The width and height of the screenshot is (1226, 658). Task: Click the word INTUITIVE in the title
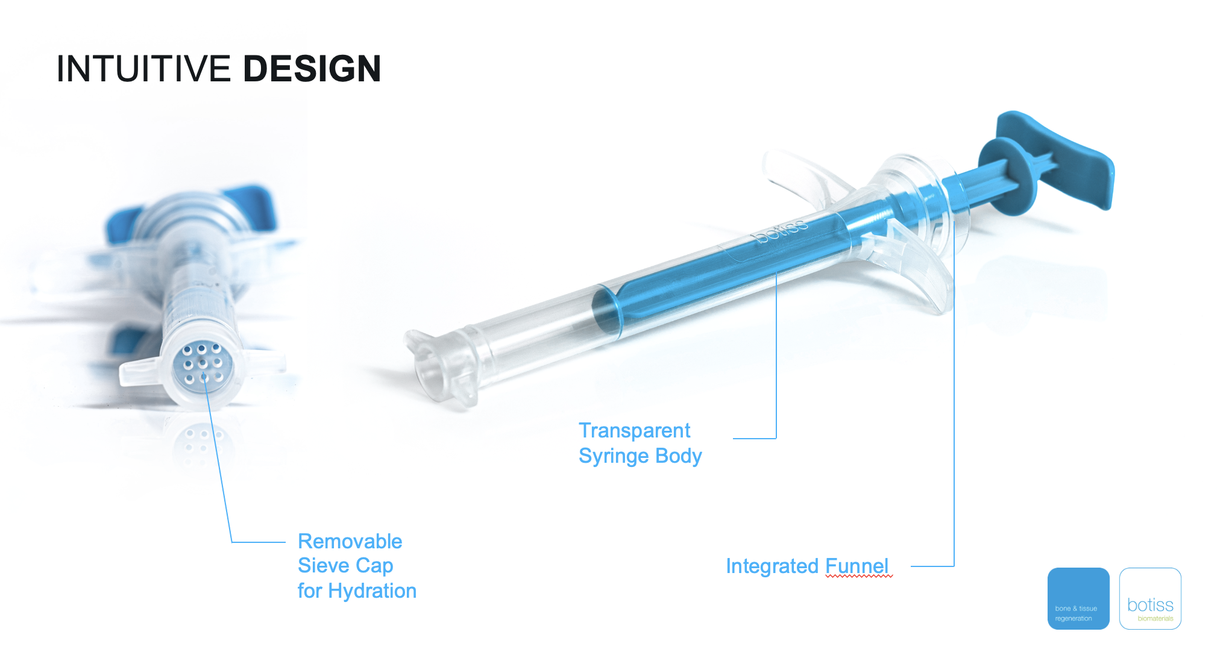[143, 69]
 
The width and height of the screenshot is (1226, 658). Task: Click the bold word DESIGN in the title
[312, 69]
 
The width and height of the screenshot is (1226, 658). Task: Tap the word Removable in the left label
[350, 541]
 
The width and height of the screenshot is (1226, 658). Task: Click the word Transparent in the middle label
[635, 431]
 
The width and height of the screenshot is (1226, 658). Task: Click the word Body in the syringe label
[679, 456]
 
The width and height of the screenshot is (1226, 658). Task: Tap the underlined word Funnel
[857, 566]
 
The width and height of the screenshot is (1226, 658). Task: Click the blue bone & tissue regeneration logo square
[1078, 598]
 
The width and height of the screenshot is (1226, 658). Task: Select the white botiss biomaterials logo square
[1150, 598]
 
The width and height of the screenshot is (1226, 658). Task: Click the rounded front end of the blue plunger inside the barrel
[606, 310]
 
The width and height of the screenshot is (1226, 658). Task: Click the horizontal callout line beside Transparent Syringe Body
[755, 438]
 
